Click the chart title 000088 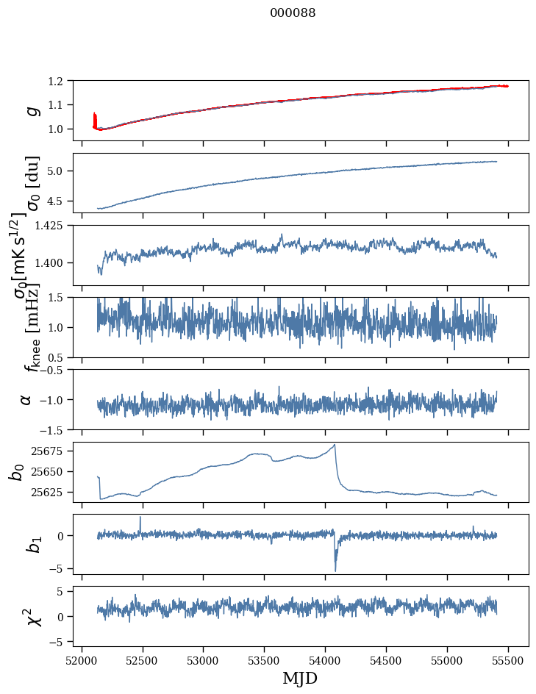click(x=293, y=13)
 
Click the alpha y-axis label click(x=26, y=399)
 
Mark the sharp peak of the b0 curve click(x=335, y=445)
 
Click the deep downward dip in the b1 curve click(x=335, y=570)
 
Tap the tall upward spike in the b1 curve click(x=140, y=517)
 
